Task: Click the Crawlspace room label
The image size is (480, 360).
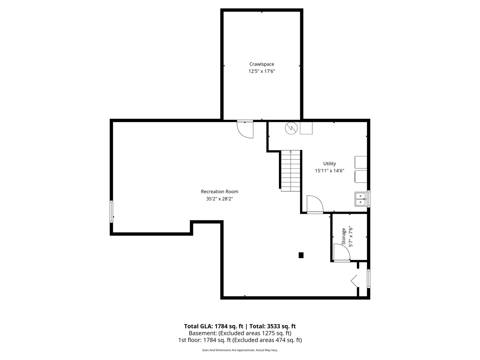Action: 262,64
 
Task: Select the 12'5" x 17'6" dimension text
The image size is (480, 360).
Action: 262,71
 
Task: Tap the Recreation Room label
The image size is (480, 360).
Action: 219,192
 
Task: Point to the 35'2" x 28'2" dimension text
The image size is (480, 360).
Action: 219,199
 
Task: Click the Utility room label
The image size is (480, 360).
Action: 329,164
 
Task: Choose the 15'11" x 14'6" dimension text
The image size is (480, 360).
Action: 329,171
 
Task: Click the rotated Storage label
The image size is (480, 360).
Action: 344,237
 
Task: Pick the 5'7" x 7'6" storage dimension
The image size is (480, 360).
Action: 351,237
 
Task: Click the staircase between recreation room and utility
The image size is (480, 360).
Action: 290,171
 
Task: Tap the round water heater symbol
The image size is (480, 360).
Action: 291,128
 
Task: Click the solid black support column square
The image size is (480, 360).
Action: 301,255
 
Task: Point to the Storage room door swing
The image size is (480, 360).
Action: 342,252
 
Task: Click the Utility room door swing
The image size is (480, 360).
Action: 315,204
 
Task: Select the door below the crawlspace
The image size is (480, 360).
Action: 245,129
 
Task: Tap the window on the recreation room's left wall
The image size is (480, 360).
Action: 111,212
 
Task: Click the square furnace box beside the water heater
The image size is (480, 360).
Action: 306,128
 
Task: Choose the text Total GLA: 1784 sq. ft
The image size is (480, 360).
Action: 213,326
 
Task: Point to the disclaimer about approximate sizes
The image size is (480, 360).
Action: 240,350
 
